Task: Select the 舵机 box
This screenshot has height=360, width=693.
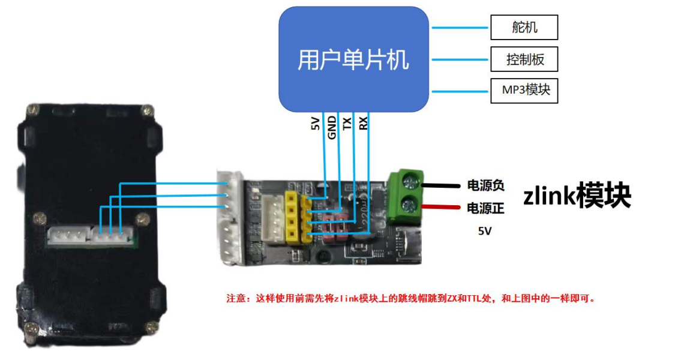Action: (x=524, y=28)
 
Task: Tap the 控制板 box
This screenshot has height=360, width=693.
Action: (x=524, y=59)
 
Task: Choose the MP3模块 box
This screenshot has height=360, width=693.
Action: (x=524, y=91)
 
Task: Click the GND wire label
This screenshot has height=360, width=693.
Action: (x=331, y=128)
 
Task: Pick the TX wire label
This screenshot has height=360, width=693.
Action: (x=347, y=124)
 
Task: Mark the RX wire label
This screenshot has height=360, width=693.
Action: (x=363, y=124)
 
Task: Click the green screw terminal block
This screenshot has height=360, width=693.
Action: (x=406, y=196)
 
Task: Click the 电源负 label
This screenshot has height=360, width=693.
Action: (x=485, y=185)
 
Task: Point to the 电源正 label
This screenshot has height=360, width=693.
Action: (x=485, y=208)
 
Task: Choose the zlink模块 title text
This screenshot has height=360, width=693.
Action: (x=577, y=196)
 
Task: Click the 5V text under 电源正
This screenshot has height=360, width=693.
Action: (x=485, y=231)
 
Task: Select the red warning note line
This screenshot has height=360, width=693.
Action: (x=410, y=298)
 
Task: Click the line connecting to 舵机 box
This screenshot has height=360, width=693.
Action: (x=460, y=28)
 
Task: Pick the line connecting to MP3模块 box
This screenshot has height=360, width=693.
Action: (x=460, y=91)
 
